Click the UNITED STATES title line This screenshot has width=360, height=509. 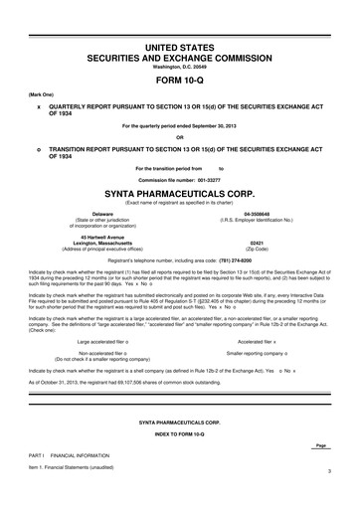click(180, 47)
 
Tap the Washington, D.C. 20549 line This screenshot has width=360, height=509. click(180, 67)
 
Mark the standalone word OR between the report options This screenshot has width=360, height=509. click(180, 137)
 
